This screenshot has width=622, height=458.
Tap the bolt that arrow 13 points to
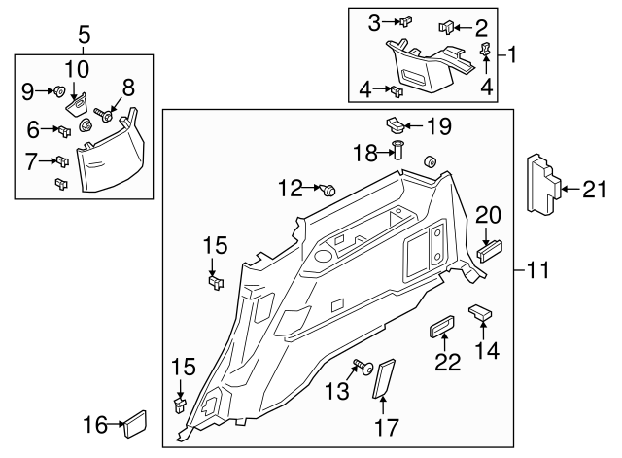366,369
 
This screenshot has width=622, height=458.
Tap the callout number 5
85,35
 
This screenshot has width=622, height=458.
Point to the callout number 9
28,91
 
